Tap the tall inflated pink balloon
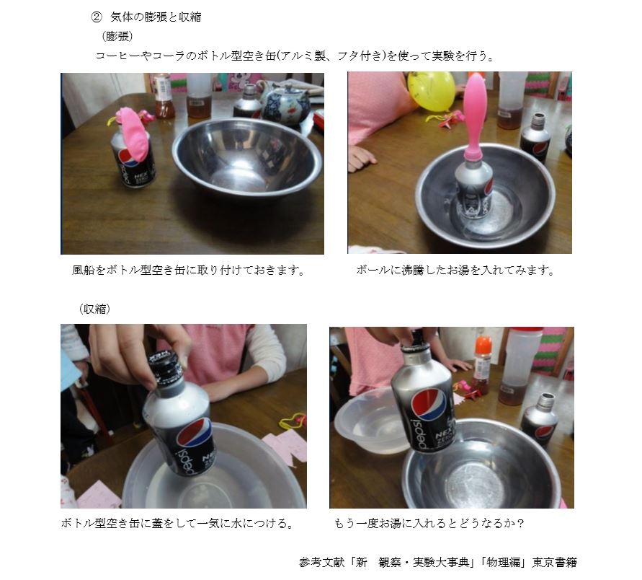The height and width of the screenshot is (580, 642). [x=475, y=115]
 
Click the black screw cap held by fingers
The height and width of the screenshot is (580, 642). [x=166, y=366]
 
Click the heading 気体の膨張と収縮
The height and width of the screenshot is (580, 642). [x=156, y=17]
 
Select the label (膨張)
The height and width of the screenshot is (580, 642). [x=117, y=37]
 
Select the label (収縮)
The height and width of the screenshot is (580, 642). [x=94, y=309]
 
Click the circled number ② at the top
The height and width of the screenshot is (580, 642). [x=97, y=17]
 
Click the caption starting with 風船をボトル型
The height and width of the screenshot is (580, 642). [x=189, y=270]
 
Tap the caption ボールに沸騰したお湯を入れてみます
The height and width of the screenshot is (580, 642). [x=455, y=270]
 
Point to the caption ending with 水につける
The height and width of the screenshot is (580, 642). [x=177, y=524]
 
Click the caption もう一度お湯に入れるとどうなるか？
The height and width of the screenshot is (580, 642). [x=429, y=524]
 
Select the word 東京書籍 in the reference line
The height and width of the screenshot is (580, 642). [x=554, y=563]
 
